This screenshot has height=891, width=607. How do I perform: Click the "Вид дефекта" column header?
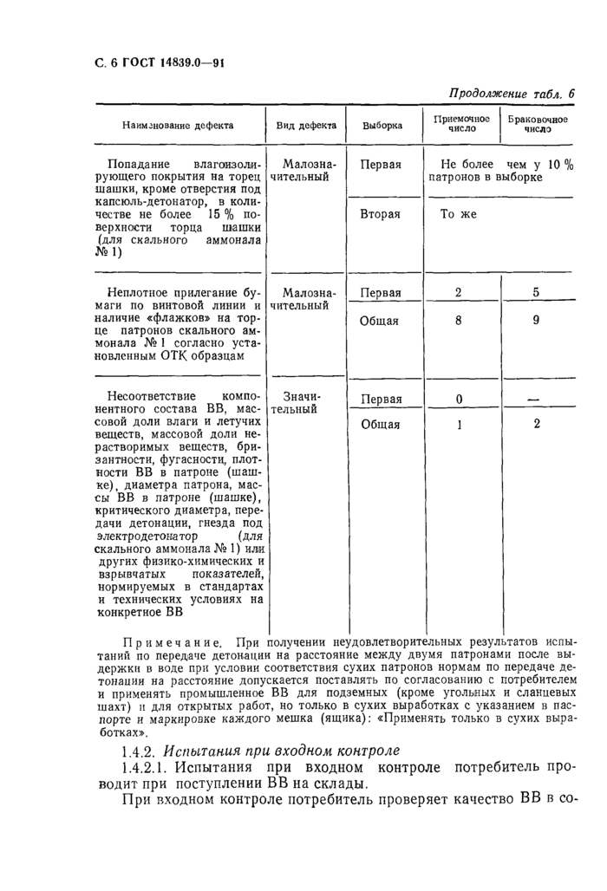click(303, 125)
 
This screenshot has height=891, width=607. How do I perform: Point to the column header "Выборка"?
click(382, 125)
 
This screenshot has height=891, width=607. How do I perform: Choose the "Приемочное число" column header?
click(461, 124)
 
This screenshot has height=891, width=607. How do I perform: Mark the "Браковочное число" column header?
click(537, 124)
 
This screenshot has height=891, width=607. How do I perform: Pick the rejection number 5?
click(536, 293)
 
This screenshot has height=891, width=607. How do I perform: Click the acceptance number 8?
click(458, 320)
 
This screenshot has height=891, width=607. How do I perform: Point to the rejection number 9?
click(536, 320)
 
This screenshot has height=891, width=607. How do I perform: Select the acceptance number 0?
click(458, 399)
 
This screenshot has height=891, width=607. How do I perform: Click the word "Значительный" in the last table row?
click(297, 401)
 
